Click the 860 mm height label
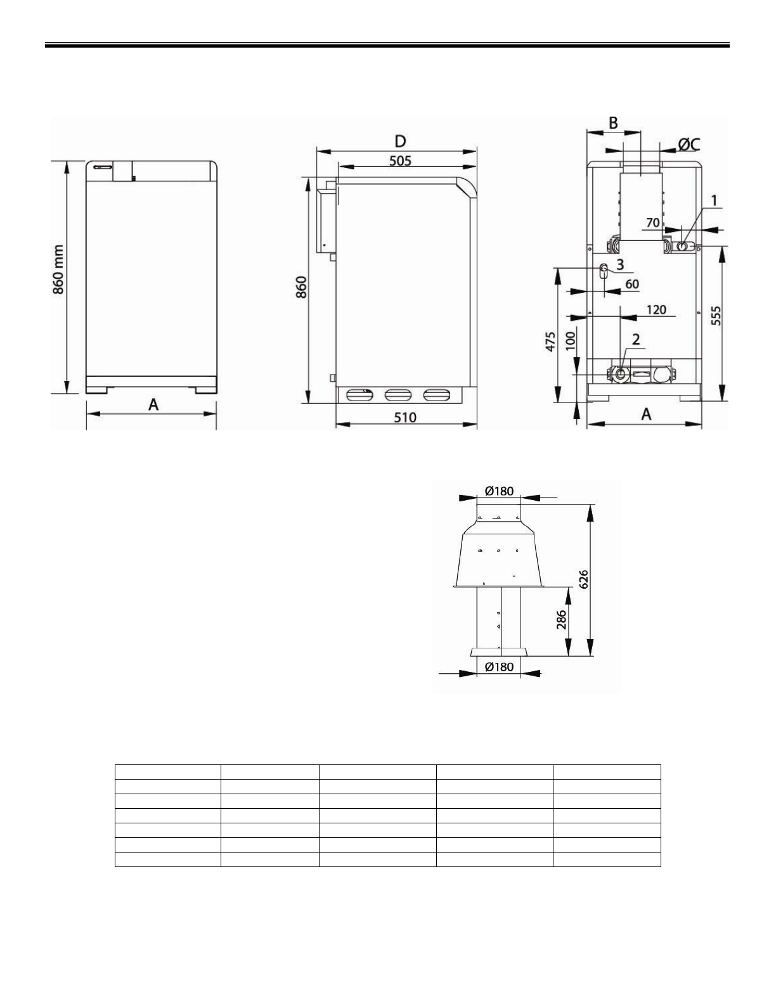pos(58,270)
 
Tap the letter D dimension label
pos(400,141)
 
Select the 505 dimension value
pos(400,161)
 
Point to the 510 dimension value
pos(405,418)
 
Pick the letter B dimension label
pos(613,124)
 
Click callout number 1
pos(714,200)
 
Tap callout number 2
pos(636,340)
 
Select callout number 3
pos(620,264)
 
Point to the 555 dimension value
pos(716,316)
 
